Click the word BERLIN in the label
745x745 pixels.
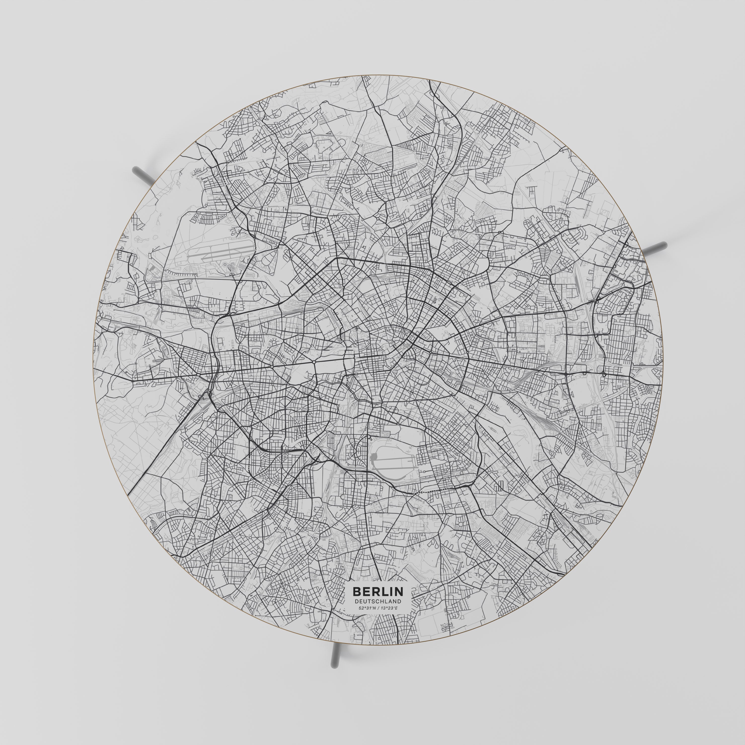pos(378,602)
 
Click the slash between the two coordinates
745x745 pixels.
pos(378,619)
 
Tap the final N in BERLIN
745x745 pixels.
pos(399,602)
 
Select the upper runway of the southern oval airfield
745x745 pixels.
pos(393,459)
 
